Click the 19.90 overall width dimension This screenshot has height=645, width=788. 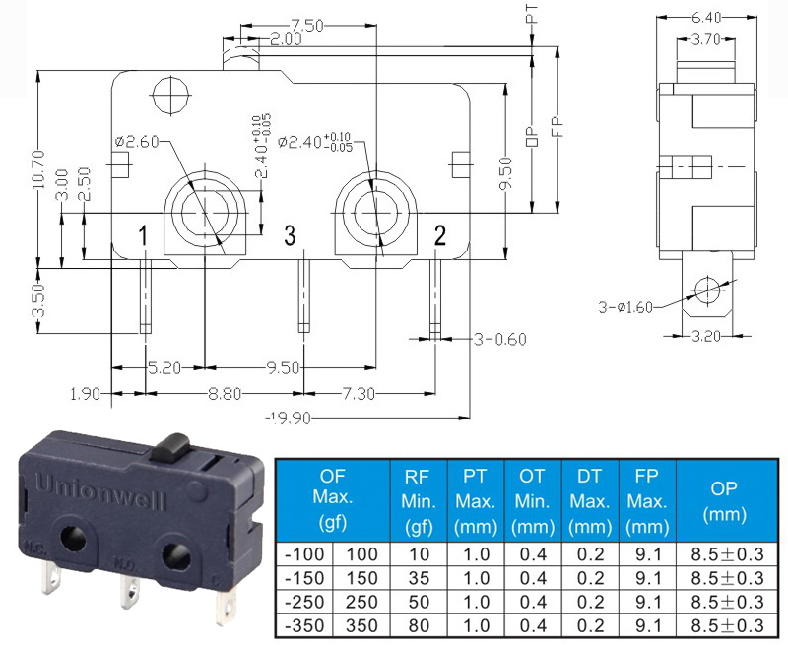click(289, 418)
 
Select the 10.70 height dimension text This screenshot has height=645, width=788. click(38, 169)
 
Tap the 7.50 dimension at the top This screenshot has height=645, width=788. click(306, 26)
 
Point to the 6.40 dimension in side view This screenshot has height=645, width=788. click(706, 18)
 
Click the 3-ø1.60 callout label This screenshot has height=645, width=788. click(625, 307)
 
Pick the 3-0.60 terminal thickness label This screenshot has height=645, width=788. click(500, 340)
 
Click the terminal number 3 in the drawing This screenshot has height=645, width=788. click(290, 235)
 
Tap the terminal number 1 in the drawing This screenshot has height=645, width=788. click(143, 235)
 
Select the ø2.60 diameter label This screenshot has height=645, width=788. click(137, 142)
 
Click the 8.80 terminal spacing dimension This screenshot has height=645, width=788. click(225, 393)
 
